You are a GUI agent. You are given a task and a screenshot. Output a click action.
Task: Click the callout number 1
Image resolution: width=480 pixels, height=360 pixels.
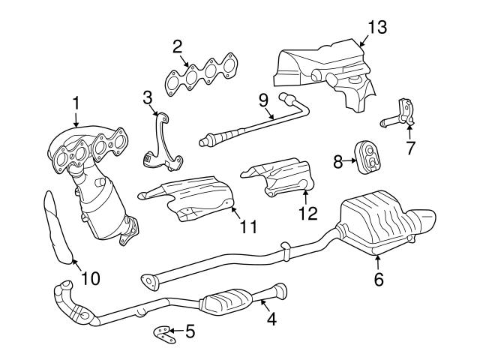[76, 101]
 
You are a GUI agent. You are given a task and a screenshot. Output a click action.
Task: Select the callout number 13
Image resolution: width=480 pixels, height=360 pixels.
[376, 28]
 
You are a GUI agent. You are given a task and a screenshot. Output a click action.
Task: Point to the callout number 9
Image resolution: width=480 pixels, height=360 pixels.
[262, 99]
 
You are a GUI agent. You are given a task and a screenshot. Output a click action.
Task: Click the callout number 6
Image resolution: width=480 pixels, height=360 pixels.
[379, 280]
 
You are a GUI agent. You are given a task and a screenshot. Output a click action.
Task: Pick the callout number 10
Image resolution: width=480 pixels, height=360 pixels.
[90, 279]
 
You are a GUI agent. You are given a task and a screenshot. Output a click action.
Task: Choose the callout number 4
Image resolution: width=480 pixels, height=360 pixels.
[271, 319]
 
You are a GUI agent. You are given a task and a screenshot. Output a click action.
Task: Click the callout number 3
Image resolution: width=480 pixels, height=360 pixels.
[148, 97]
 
